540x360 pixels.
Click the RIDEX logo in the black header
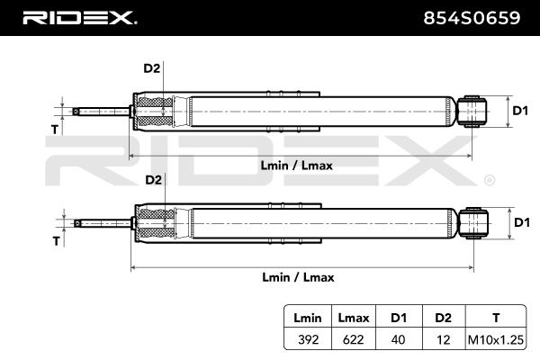79,18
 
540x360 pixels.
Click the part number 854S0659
472,18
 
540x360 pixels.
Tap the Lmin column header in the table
308,318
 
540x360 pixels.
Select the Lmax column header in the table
354,318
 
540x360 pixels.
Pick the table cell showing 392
308,339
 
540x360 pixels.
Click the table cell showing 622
354,339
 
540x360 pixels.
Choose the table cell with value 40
398,339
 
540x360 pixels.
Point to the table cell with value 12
443,339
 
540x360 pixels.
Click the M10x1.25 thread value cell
496,339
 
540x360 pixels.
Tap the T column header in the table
496,318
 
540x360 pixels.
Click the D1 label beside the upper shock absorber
520,111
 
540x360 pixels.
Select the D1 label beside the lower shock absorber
522,222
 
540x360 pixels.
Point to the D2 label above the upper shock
152,68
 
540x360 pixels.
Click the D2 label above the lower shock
154,180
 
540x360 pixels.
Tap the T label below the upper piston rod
55,130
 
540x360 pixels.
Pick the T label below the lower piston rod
57,241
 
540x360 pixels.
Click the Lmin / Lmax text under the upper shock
296,166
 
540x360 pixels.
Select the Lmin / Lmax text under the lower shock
298,277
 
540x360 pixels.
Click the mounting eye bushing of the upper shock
472,112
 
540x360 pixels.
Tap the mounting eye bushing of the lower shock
473,223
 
